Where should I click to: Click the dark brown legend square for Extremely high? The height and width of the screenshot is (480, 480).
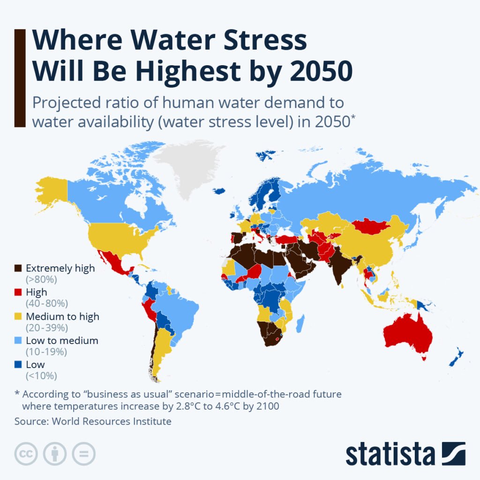point(18,269)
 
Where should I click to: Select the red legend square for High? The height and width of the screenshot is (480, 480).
point(18,292)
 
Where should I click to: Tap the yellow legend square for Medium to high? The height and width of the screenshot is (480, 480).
point(18,316)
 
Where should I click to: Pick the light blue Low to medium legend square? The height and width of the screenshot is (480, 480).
point(18,341)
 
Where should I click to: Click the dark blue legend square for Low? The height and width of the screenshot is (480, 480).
point(18,365)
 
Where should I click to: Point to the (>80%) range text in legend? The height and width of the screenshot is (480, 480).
point(41,280)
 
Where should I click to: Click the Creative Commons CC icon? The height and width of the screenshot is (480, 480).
point(26,454)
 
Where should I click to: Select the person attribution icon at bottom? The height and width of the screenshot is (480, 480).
point(54,454)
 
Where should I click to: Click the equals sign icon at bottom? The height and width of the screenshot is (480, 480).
point(83,454)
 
